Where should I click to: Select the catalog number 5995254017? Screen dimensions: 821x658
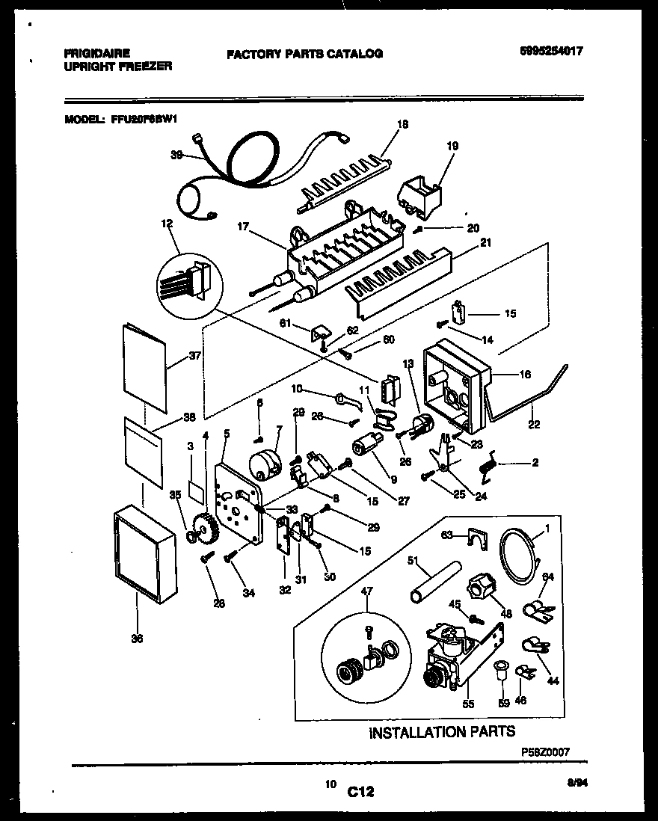point(551,52)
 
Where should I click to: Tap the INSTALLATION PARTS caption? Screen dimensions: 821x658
point(442,732)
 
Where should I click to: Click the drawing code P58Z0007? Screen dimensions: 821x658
point(545,757)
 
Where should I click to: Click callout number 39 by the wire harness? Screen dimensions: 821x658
point(176,156)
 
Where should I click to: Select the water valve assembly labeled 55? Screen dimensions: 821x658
point(450,658)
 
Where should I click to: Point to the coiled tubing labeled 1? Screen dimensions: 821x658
point(518,554)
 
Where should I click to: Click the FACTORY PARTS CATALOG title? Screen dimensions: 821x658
point(304,54)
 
